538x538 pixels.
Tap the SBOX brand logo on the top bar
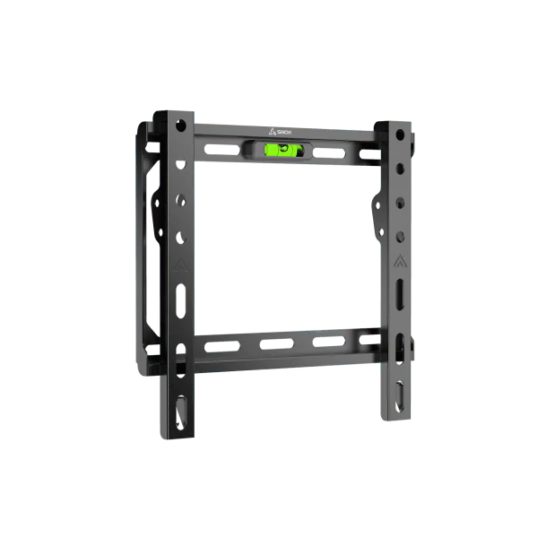280,131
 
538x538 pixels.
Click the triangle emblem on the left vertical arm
180,266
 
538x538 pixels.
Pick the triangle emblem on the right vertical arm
398,264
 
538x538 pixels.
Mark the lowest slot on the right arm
399,394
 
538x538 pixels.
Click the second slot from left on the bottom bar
273,343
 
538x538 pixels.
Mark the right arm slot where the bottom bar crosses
399,341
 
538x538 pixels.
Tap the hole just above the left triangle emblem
181,238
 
